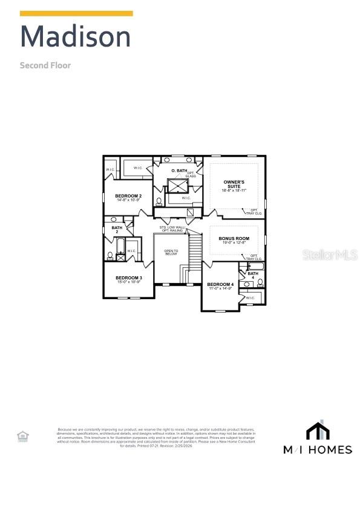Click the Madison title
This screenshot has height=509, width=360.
pyautogui.click(x=76, y=37)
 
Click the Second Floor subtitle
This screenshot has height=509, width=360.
pyautogui.click(x=45, y=65)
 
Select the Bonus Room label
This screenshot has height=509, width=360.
pyautogui.click(x=234, y=239)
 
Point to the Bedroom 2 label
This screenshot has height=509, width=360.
pyautogui.click(x=128, y=196)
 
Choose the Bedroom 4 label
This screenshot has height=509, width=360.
pyautogui.click(x=220, y=284)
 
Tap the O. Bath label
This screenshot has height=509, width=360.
pyautogui.click(x=179, y=171)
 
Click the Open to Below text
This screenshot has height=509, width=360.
pyautogui.click(x=171, y=252)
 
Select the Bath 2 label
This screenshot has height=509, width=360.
pyautogui.click(x=117, y=230)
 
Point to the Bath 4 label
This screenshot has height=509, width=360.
pyautogui.click(x=253, y=275)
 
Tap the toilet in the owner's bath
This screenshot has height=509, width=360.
pyautogui.click(x=159, y=202)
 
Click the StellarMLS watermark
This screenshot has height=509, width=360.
pyautogui.click(x=330, y=255)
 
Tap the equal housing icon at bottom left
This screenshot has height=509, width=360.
pyautogui.click(x=22, y=436)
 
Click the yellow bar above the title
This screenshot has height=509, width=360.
pyautogui.click(x=76, y=13)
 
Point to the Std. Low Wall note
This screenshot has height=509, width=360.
pyautogui.click(x=171, y=228)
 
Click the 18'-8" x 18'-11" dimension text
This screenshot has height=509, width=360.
pyautogui.click(x=234, y=190)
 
